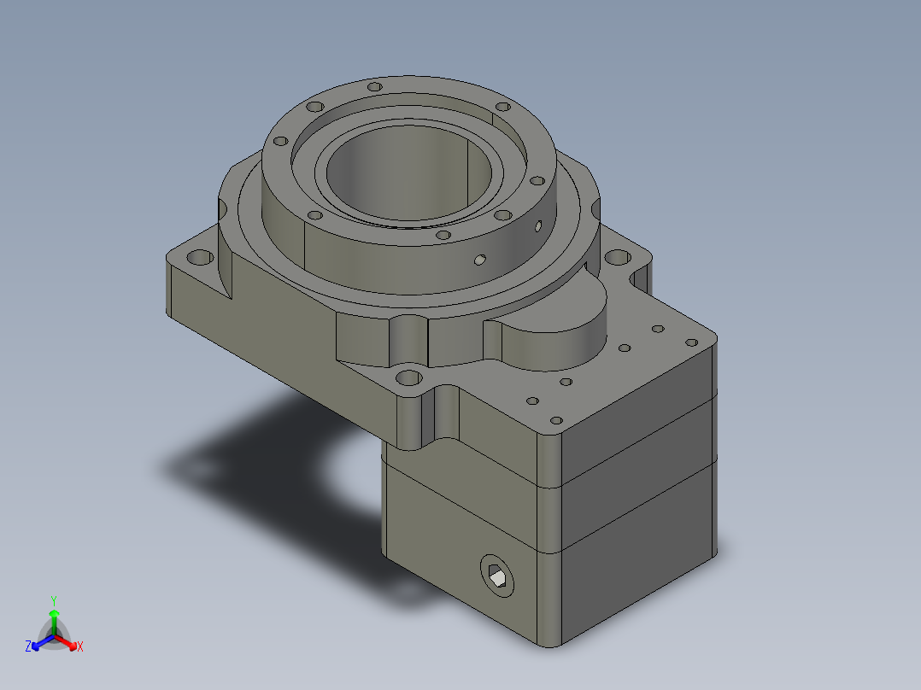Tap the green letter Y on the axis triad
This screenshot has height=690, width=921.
point(53,599)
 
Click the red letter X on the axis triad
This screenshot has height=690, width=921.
point(79,647)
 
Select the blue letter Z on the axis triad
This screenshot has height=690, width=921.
point(27,647)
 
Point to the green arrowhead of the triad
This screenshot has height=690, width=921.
point(53,614)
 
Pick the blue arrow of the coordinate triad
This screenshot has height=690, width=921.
point(39,642)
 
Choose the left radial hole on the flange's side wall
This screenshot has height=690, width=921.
point(480,258)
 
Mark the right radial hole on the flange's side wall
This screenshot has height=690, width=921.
point(537,226)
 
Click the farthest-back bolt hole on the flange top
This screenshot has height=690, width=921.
point(373,87)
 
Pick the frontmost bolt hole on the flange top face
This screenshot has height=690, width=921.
point(442,235)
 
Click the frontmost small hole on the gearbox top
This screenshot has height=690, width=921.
point(556,420)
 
